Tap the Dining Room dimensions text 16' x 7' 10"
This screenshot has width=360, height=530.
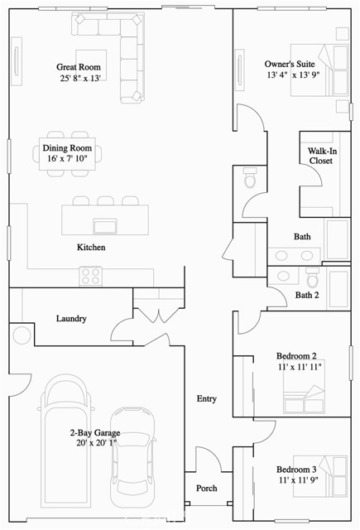pos(73,159)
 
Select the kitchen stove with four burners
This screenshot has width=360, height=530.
pos(90,274)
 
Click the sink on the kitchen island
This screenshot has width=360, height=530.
pos(105,226)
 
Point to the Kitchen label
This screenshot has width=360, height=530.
pos(90,248)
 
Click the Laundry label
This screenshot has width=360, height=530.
pos(71,318)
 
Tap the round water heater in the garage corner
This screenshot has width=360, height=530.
pos(20,335)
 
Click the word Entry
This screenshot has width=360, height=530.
pos(206,399)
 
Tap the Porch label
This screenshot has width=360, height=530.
pos(206,488)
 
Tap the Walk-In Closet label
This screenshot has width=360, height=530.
pos(320,156)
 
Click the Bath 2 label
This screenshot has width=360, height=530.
pos(307,295)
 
